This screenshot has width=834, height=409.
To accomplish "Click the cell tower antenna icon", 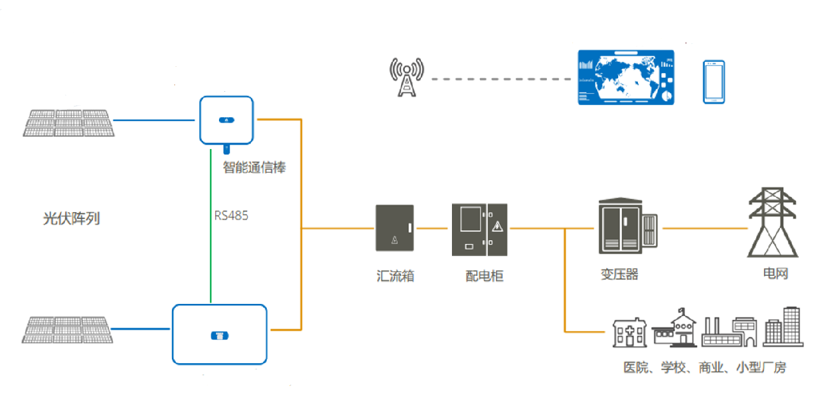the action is (407, 77).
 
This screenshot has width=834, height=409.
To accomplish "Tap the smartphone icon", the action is (714, 82).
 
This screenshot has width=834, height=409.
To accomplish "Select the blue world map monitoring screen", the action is (626, 78).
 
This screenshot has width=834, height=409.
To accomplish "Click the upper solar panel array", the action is (69, 123).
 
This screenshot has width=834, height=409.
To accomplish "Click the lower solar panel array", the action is (67, 329).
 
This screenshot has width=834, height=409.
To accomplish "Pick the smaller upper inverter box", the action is (227, 120).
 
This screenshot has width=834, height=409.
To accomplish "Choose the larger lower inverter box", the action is (220, 334).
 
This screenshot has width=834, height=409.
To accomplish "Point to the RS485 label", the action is (231, 216).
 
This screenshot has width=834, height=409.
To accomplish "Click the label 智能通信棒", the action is (254, 168).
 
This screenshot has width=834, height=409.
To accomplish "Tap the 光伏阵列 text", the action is (71, 219).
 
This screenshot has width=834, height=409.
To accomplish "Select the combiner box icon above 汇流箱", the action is (395, 228).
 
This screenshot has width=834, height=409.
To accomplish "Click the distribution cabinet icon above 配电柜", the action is (479, 229).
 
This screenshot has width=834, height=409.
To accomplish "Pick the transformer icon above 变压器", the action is (628, 226).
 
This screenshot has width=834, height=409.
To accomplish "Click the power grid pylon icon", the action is (773, 222).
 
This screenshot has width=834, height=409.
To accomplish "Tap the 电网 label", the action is (775, 273).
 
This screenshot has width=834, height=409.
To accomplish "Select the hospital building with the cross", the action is (630, 333).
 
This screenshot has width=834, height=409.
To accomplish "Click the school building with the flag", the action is (675, 328).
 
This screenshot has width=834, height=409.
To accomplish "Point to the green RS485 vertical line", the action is (211, 226).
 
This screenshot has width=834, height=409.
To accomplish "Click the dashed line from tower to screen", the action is (501, 79).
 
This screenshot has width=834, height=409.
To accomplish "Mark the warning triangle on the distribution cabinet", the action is (497, 226).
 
